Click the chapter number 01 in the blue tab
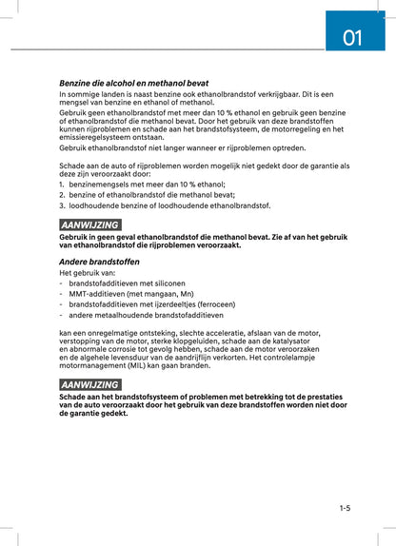coord(352,38)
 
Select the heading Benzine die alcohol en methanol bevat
coord(133,83)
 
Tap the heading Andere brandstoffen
coord(99,261)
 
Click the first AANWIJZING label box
coord(89,224)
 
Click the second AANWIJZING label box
coord(89,384)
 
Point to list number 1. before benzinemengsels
coord(62,184)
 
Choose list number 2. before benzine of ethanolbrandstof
coord(62,194)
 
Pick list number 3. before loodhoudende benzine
coord(62,205)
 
